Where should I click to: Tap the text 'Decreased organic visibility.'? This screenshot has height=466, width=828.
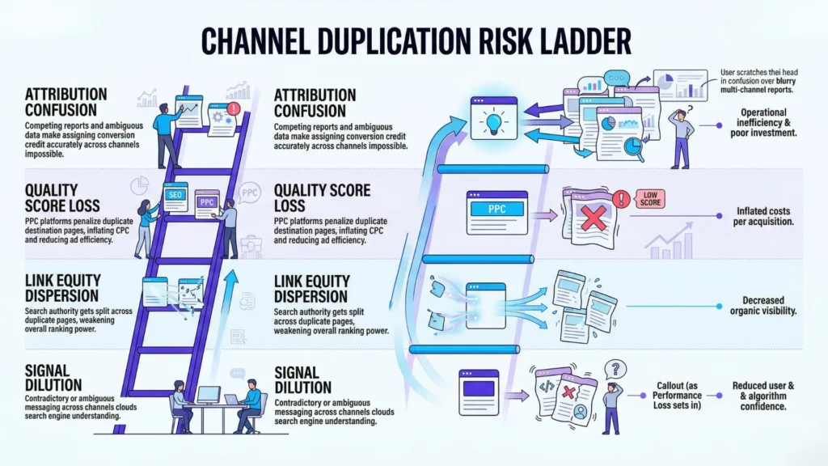758,306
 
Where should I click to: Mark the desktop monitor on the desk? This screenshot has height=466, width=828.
209,396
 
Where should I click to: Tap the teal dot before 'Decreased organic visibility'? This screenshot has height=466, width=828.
720,307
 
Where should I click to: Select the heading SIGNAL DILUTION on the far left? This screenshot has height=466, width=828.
53,378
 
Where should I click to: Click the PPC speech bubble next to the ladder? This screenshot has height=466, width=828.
249,193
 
